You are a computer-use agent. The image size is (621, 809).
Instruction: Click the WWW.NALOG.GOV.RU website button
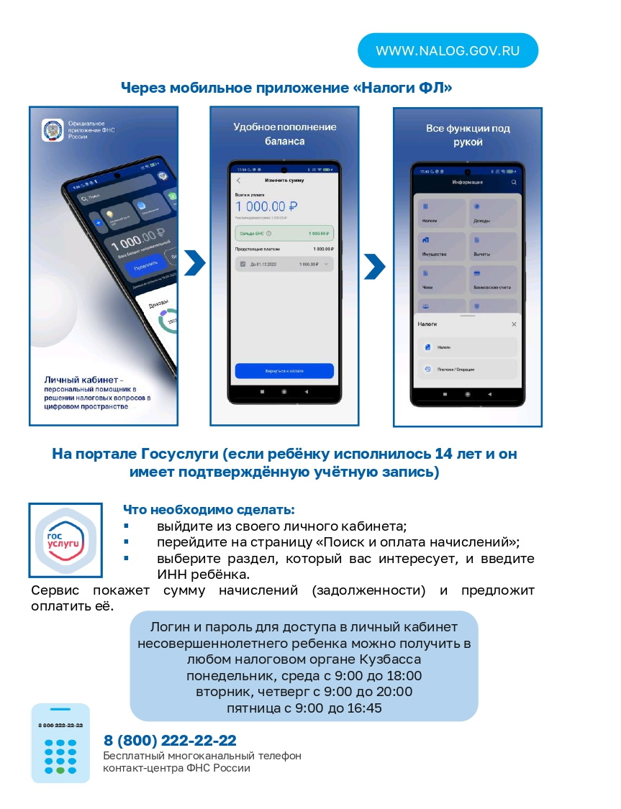click(x=448, y=51)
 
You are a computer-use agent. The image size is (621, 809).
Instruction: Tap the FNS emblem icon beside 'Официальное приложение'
click(x=53, y=130)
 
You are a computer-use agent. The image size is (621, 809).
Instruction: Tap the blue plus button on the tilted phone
click(x=99, y=223)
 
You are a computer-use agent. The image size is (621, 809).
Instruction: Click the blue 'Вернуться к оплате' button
click(x=284, y=371)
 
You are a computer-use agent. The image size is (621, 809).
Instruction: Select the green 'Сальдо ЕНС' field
click(x=284, y=233)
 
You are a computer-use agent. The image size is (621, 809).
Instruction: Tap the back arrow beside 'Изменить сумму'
click(x=239, y=180)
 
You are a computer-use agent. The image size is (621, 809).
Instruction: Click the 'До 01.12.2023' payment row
click(x=284, y=265)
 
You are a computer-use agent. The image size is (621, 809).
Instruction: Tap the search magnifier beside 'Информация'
click(x=514, y=183)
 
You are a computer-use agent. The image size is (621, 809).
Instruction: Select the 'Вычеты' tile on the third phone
click(x=493, y=247)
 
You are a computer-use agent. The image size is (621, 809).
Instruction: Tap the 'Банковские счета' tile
click(x=493, y=280)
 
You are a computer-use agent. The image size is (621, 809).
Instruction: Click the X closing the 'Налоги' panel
click(x=514, y=324)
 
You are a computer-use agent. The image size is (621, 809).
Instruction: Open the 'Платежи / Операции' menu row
click(x=467, y=369)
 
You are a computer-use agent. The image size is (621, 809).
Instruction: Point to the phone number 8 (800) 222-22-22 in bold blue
click(x=170, y=741)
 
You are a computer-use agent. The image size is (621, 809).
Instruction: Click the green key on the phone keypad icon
click(x=60, y=769)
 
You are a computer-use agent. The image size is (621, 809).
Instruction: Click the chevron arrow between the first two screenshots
click(x=194, y=263)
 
